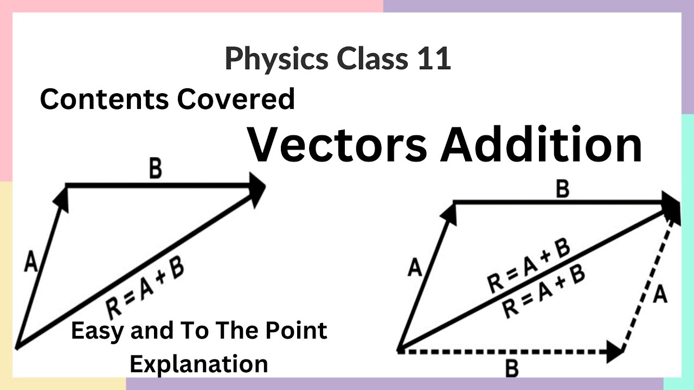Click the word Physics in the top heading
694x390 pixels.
coord(277,59)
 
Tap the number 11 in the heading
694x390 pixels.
coord(434,58)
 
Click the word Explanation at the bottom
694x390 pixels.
coord(199,363)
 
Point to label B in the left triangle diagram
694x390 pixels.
coord(155,170)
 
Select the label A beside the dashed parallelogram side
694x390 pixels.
coord(660,295)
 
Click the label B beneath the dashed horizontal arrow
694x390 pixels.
coord(511,369)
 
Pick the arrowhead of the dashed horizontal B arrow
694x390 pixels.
coord(615,352)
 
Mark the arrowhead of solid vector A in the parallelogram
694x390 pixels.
coord(449,213)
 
